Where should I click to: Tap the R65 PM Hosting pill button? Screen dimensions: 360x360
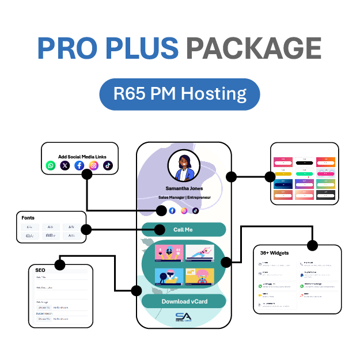179,94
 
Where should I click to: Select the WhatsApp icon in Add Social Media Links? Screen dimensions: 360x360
51,166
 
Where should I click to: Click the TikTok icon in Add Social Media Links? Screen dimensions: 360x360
108,166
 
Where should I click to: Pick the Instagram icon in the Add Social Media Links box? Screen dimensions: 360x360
94,166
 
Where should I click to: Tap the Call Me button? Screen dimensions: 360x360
183,229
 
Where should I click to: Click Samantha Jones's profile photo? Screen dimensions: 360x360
184,167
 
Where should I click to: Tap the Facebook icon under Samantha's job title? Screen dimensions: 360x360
172,210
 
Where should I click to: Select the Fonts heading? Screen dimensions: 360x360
28,218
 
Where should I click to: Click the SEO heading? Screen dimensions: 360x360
40,270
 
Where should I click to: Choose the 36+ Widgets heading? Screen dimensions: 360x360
275,252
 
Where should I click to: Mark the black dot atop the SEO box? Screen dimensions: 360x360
60,265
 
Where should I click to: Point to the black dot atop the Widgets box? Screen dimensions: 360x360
312,245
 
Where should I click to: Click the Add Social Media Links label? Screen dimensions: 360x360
82,156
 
